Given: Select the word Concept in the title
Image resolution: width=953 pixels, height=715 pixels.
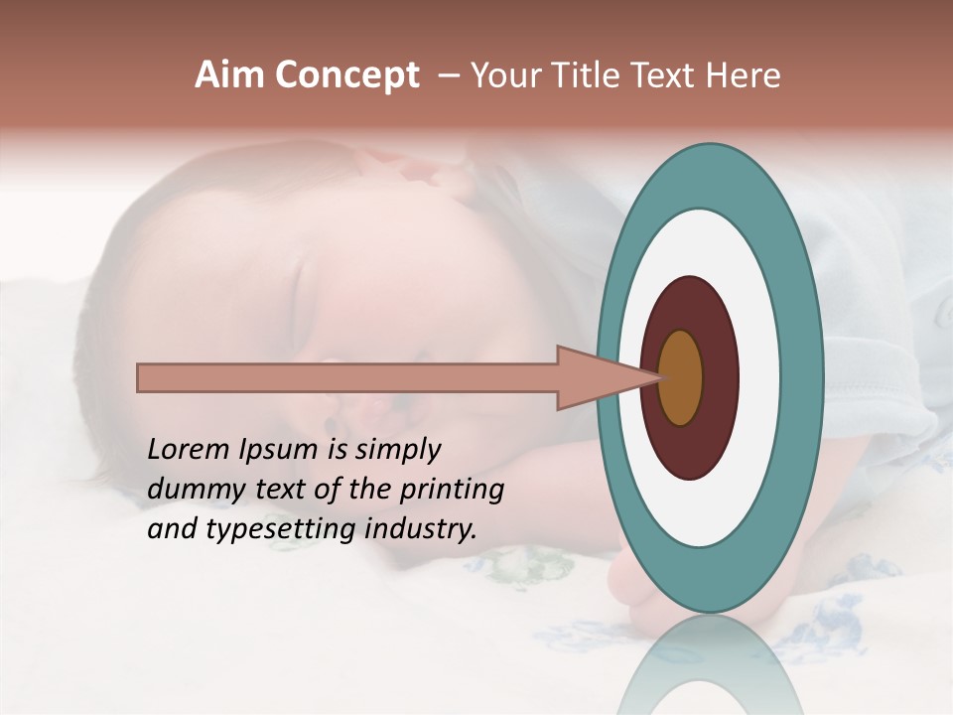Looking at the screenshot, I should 346,76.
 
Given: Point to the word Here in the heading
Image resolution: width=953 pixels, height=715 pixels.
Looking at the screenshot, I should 744,75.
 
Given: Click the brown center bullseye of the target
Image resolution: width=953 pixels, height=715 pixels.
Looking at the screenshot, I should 680,377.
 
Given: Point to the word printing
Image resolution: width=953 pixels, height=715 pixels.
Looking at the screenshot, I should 451,490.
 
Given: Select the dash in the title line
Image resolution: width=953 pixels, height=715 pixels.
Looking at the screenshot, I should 449,75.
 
